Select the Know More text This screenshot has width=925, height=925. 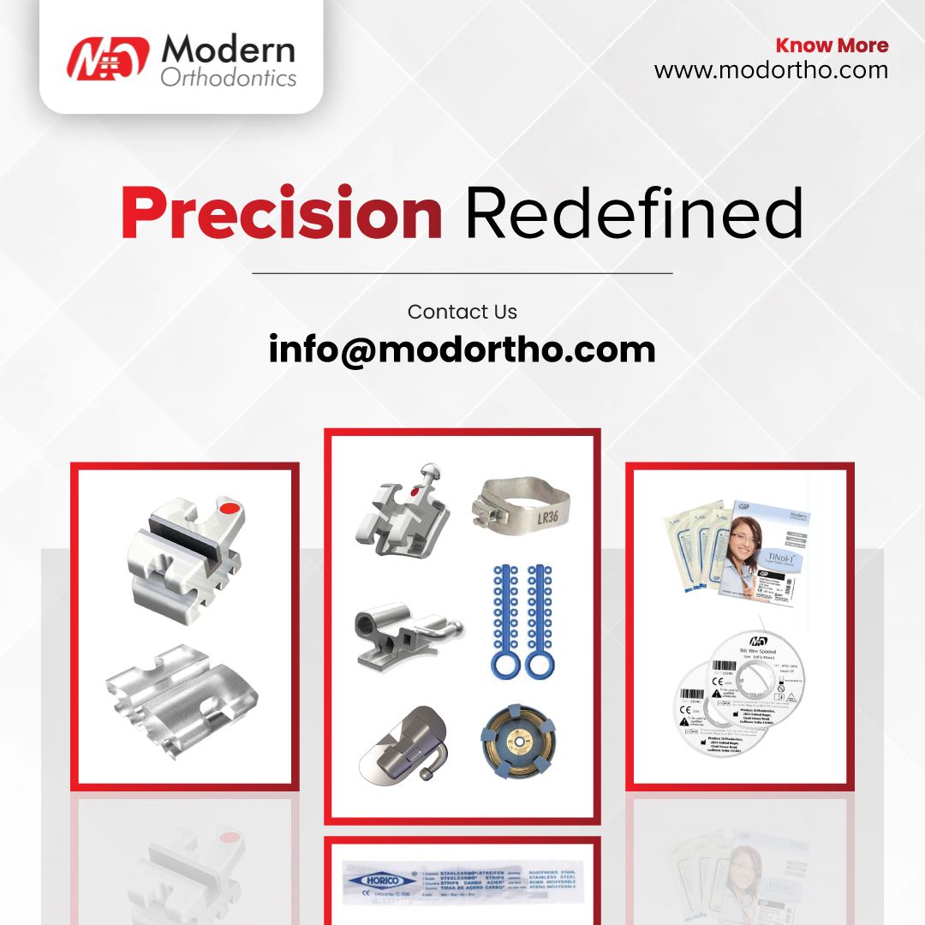coord(832,45)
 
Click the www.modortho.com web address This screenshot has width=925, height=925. coord(771,70)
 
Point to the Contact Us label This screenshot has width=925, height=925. coord(462,312)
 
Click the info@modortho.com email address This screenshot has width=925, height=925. coord(462,349)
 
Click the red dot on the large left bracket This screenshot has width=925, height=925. coord(229,510)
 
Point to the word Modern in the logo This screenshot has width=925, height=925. coord(228,50)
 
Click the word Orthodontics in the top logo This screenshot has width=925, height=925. coord(229,78)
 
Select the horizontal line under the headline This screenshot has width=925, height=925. coord(462,273)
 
